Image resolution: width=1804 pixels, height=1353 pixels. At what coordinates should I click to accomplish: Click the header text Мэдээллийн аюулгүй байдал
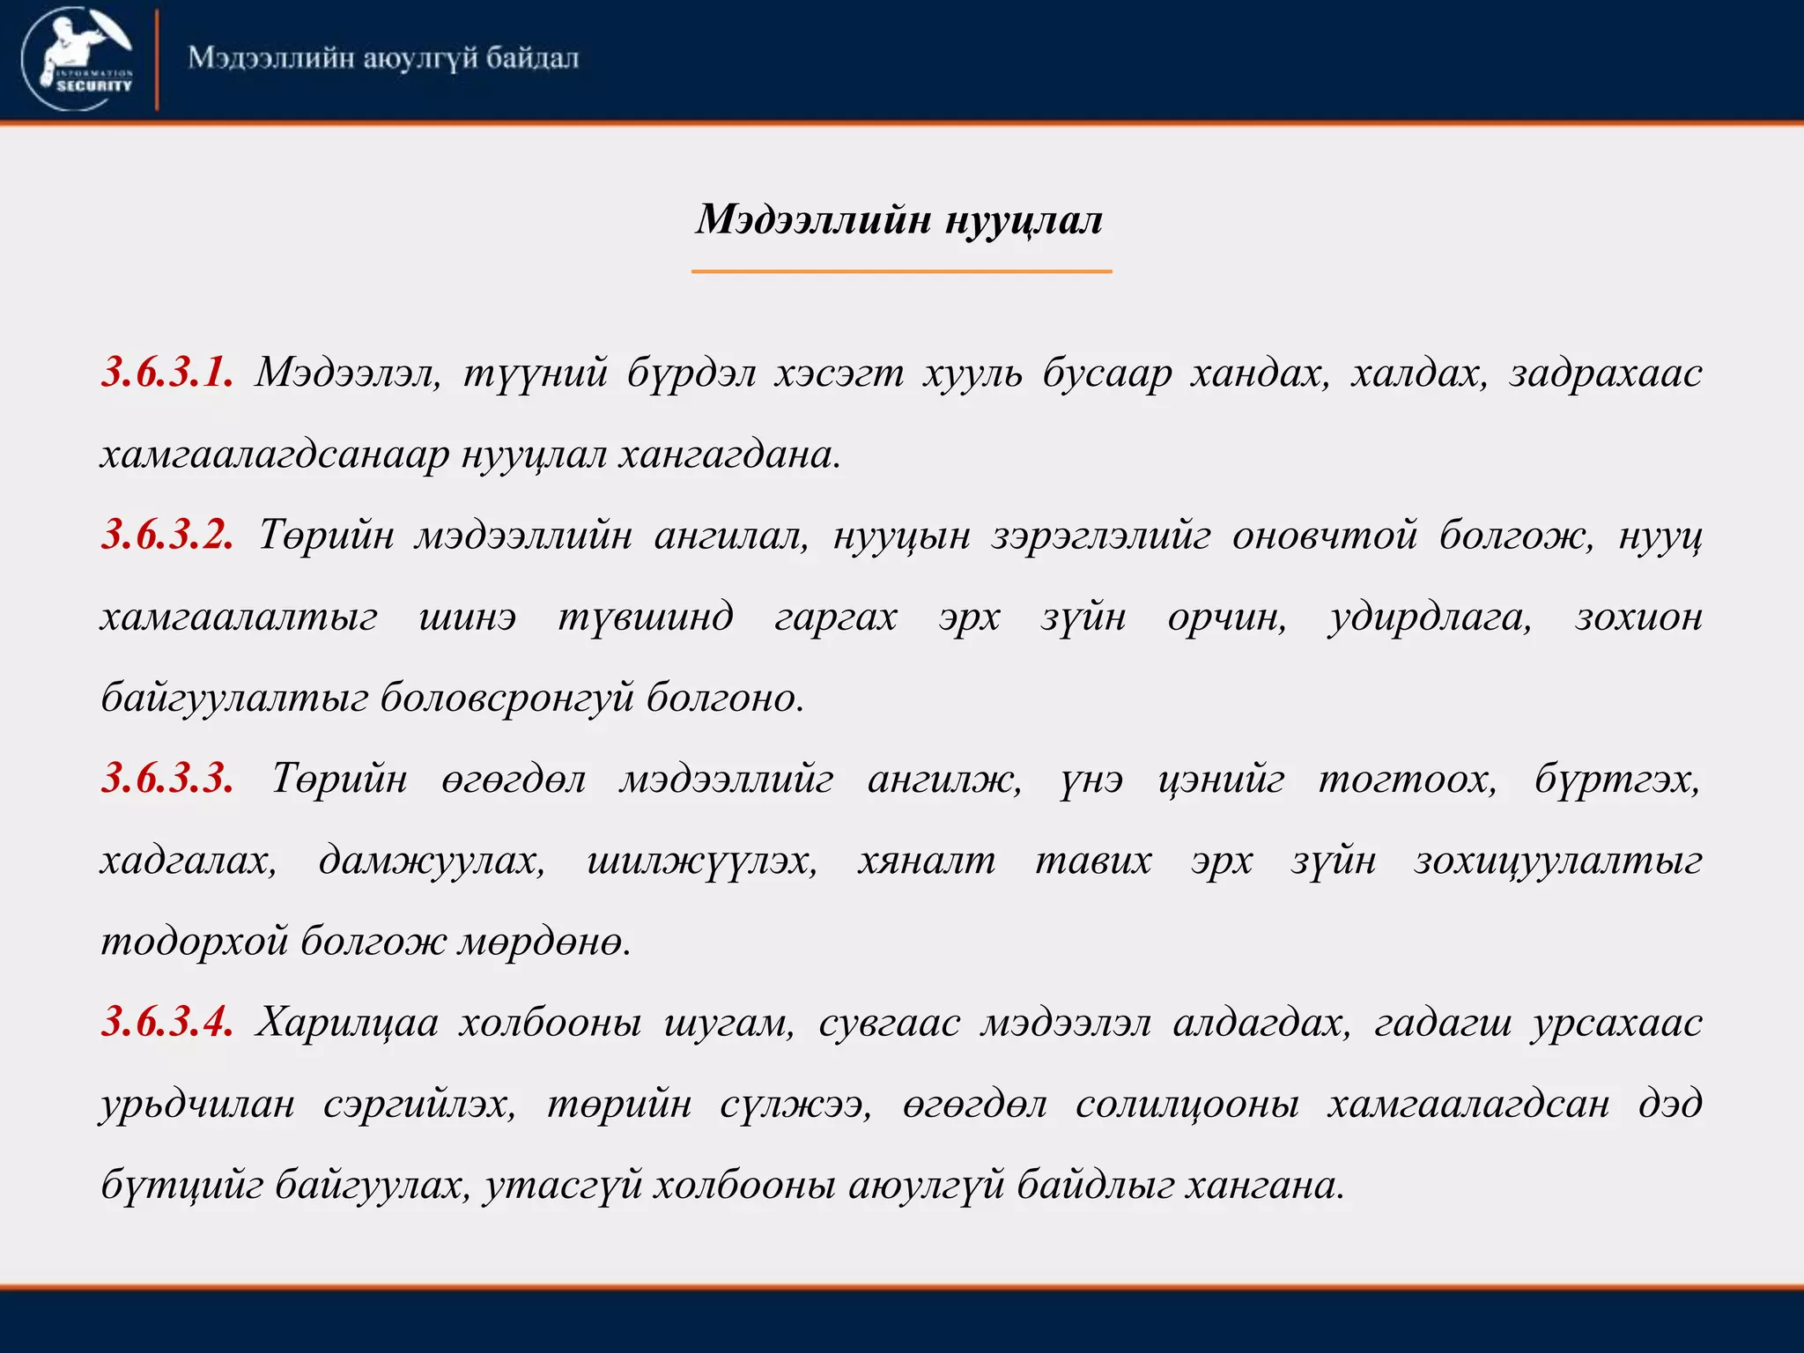383,59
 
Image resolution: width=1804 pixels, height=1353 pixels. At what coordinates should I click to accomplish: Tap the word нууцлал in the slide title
1024,219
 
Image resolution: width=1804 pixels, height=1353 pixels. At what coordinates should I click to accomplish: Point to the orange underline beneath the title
901,271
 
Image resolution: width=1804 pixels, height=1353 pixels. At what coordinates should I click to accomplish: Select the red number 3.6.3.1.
167,373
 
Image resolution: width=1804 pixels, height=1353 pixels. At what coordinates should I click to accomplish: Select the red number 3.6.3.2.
167,535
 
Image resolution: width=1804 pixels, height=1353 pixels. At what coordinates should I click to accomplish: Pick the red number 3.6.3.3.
167,779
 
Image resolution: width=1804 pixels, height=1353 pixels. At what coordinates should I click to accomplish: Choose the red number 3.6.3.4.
167,1022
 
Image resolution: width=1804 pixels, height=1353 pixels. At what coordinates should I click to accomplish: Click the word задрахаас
1605,373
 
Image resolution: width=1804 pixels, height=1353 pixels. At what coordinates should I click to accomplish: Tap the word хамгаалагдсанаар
274,455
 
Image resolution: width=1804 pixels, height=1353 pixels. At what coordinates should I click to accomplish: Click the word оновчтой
1324,535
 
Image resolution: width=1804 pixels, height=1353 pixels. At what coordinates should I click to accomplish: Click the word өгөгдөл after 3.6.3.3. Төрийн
513,779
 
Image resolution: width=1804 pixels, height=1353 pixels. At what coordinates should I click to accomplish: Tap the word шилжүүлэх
701,860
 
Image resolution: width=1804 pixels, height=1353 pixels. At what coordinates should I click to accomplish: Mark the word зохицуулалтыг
1557,860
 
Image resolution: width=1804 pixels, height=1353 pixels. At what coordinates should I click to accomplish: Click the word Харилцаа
347,1022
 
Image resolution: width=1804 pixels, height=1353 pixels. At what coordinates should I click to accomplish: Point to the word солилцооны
1187,1104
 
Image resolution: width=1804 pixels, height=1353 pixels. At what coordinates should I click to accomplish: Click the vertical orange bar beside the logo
157,59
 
